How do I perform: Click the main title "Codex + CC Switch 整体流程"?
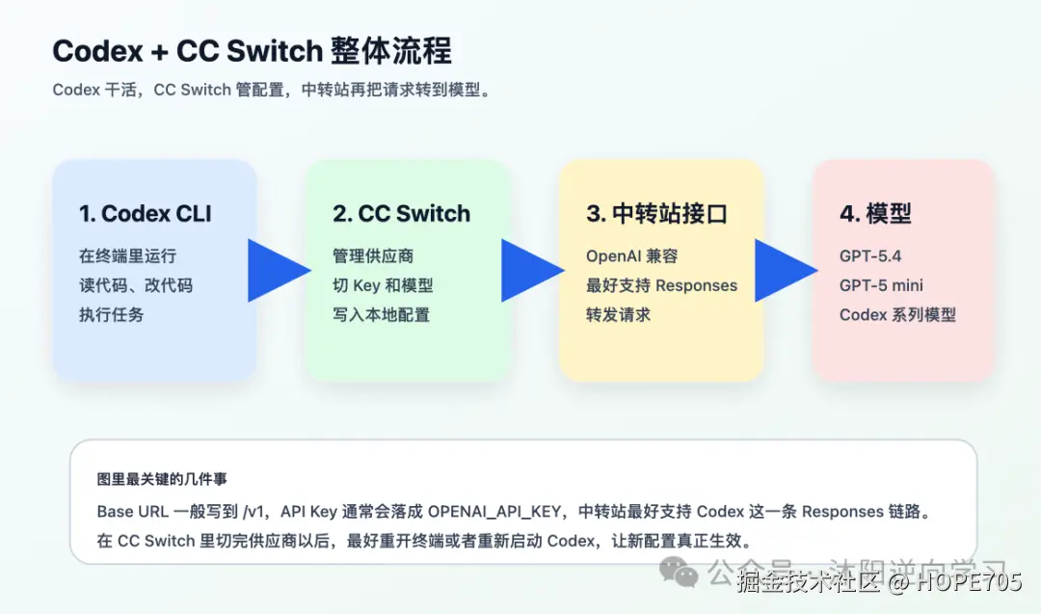click(x=252, y=51)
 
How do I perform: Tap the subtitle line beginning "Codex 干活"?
click(x=272, y=91)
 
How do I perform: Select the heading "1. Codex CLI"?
click(x=145, y=214)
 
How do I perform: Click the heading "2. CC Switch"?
click(x=401, y=214)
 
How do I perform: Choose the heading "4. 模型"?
click(x=875, y=214)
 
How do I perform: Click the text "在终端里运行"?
click(x=127, y=256)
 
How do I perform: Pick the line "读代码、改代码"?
click(x=135, y=285)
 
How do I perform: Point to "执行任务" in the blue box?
click(x=111, y=314)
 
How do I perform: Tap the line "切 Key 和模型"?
click(x=383, y=285)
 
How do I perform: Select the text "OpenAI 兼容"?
click(x=631, y=256)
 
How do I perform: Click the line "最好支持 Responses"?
click(x=661, y=285)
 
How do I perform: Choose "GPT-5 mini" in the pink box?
click(x=881, y=285)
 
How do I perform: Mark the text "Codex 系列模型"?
click(x=897, y=314)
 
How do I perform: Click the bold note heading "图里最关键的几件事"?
click(x=162, y=479)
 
